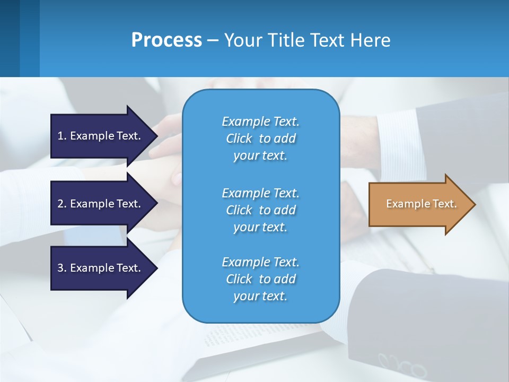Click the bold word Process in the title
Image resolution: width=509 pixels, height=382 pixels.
pos(166,40)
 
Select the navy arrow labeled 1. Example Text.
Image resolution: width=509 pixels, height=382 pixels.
pos(101,136)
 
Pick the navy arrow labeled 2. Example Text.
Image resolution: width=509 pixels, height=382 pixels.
pos(101,204)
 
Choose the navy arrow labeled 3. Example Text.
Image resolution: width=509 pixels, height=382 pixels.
pos(101,268)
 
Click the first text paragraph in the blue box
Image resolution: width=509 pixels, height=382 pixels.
pos(260,138)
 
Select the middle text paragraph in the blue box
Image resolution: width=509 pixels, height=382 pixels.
pos(260,210)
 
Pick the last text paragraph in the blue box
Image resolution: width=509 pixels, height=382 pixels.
pos(260,279)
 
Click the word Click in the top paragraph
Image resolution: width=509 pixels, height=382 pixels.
pos(239,138)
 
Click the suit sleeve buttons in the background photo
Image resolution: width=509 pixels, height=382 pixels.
pos(403,365)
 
